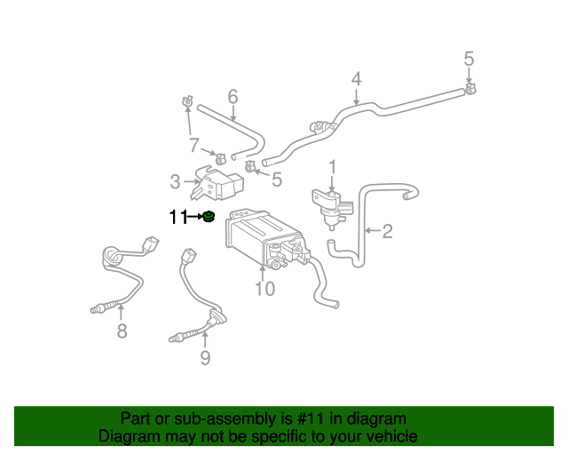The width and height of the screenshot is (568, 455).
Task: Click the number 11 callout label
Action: pyautogui.click(x=178, y=216)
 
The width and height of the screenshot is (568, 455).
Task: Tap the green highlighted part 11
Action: pyautogui.click(x=208, y=217)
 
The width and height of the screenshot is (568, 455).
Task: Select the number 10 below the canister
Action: pyautogui.click(x=264, y=289)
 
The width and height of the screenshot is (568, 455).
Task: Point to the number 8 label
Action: pyautogui.click(x=122, y=331)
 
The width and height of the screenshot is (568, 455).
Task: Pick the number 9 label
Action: pyautogui.click(x=205, y=358)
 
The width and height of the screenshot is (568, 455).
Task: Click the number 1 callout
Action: pyautogui.click(x=333, y=167)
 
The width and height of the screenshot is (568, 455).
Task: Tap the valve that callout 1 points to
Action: pyautogui.click(x=328, y=204)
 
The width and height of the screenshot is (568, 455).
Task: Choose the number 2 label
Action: pyautogui.click(x=387, y=232)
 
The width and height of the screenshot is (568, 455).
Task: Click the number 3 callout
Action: pyautogui.click(x=176, y=183)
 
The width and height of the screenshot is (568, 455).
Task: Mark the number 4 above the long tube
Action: pyautogui.click(x=356, y=79)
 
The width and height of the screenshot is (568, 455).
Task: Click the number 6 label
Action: pyautogui.click(x=233, y=96)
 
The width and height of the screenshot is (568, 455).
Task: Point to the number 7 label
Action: pyautogui.click(x=193, y=145)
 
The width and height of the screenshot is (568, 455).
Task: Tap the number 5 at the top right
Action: pyautogui.click(x=469, y=60)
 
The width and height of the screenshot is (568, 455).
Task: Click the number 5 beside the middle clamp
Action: pyautogui.click(x=277, y=180)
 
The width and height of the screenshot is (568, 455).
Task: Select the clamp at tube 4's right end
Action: pyautogui.click(x=470, y=88)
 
